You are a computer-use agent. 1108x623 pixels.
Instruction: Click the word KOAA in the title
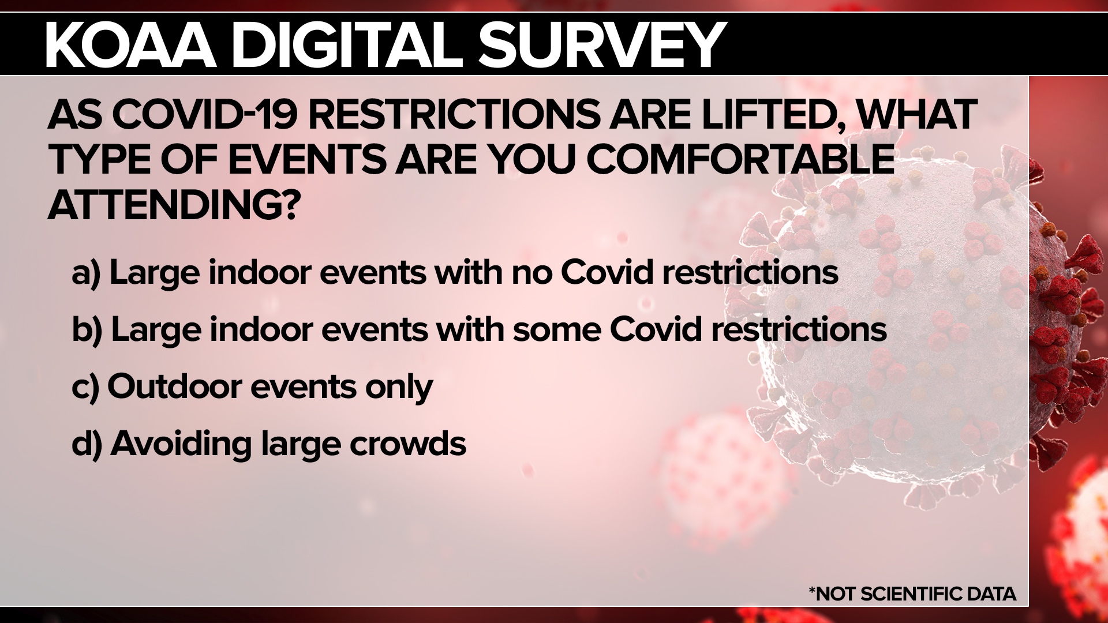click(130, 45)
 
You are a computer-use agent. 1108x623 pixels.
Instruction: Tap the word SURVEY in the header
click(601, 45)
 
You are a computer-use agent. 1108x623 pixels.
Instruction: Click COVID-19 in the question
click(205, 114)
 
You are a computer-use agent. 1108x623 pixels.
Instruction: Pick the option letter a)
click(86, 273)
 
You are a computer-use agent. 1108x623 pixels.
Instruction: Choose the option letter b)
click(87, 330)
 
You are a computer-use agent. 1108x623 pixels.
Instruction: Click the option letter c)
click(85, 387)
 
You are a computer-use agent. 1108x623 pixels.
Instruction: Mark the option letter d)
click(87, 444)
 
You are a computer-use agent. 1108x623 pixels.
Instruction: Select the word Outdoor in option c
click(174, 386)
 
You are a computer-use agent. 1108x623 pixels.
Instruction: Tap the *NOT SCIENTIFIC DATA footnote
click(912, 594)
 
